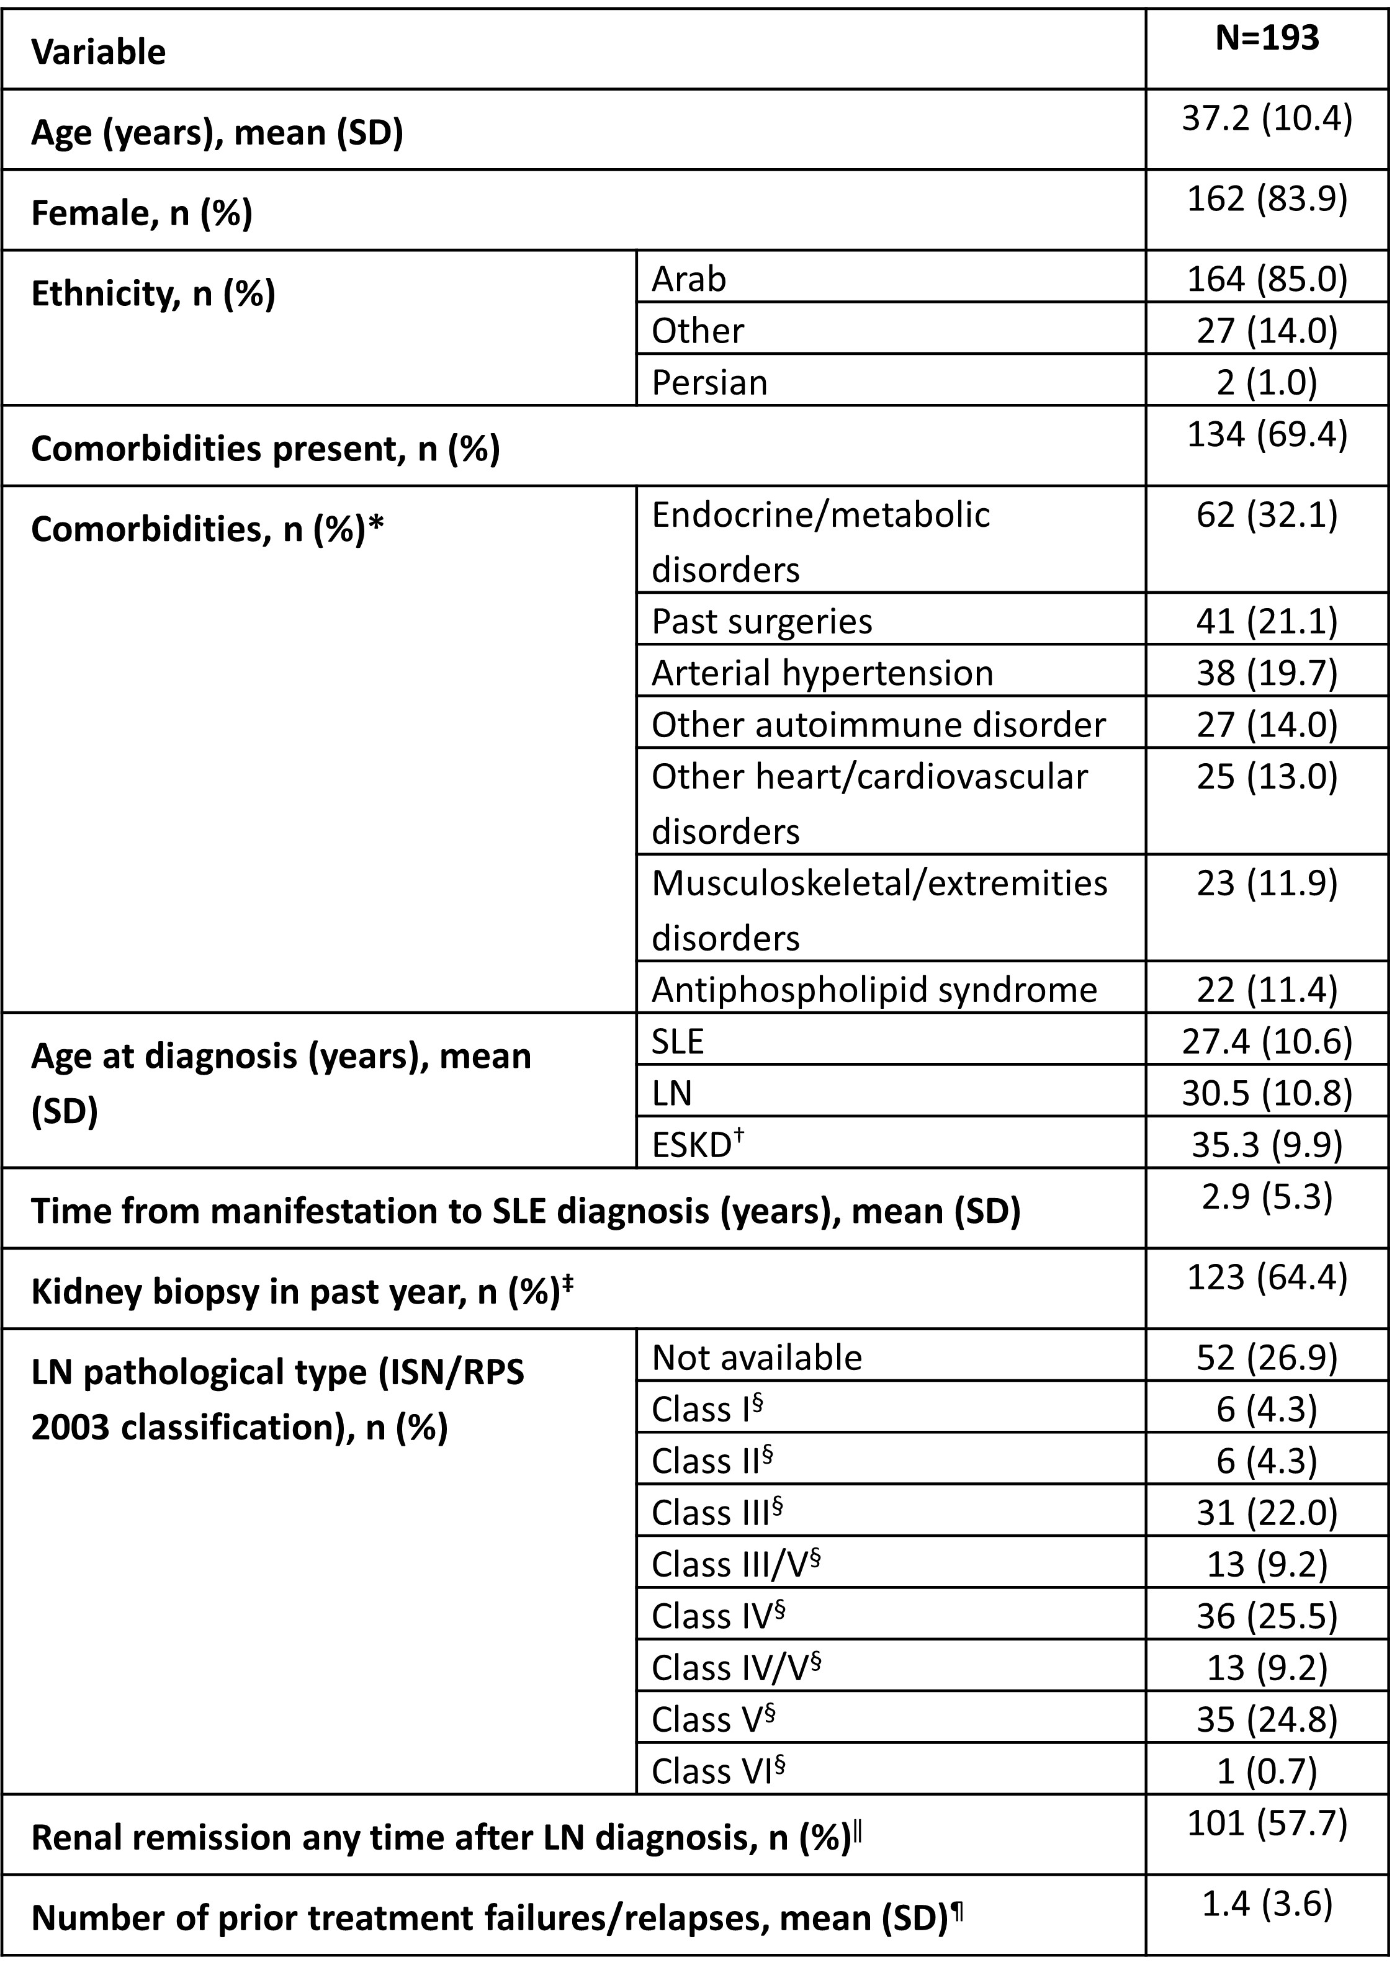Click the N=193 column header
(x=1267, y=38)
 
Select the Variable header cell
(x=99, y=52)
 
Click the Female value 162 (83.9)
(x=1267, y=198)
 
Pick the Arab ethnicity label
(x=688, y=279)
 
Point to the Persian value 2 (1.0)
(x=1267, y=382)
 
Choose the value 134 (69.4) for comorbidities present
(x=1267, y=434)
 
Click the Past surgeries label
(x=761, y=621)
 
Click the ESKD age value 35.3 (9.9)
(x=1267, y=1144)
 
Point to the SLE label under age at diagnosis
(x=677, y=1041)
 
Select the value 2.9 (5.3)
(x=1267, y=1196)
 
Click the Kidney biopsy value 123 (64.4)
(x=1267, y=1277)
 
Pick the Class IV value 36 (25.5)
(x=1267, y=1616)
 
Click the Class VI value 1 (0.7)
(x=1267, y=1771)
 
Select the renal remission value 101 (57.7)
(x=1267, y=1823)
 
